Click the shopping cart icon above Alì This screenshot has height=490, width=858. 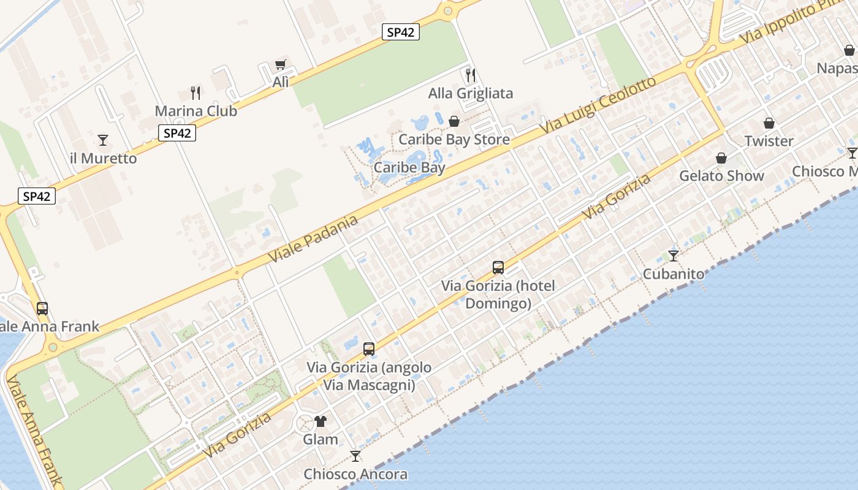[x=281, y=64]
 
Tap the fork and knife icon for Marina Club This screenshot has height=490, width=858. [x=196, y=93]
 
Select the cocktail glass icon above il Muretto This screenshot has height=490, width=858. [x=103, y=140]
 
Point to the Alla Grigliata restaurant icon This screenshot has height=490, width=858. [x=471, y=75]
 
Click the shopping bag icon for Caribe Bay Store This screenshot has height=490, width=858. [x=454, y=122]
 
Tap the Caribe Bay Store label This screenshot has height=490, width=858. [x=454, y=140]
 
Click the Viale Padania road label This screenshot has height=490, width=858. [x=313, y=239]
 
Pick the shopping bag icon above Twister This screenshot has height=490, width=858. [x=769, y=123]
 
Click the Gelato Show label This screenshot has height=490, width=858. [x=721, y=176]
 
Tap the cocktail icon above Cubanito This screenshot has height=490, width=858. [x=674, y=256]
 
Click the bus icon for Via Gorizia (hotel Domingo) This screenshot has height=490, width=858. [x=498, y=268]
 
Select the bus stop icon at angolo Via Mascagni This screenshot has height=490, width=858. [x=369, y=349]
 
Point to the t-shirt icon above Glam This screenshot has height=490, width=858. [x=321, y=421]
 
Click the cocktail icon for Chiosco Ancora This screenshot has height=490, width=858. [x=355, y=456]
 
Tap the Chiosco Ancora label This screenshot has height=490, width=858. [x=355, y=474]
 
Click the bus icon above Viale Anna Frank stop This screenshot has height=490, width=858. [x=42, y=309]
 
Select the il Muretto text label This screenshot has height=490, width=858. [x=103, y=158]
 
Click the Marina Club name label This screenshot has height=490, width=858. [x=196, y=111]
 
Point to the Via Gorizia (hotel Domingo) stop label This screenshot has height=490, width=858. [x=498, y=295]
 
